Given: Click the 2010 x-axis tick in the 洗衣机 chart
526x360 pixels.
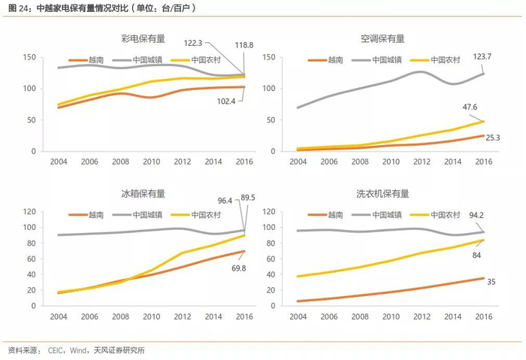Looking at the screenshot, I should tap(390, 316).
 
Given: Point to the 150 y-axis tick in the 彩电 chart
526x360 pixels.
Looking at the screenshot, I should tap(29, 58).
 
